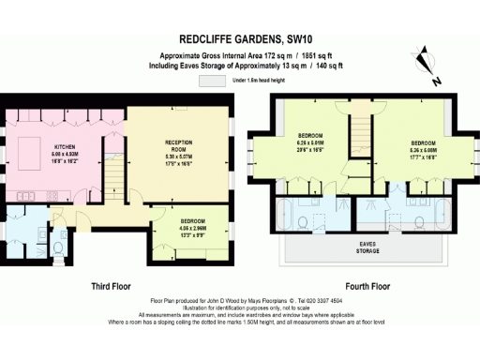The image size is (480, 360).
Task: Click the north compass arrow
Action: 431,59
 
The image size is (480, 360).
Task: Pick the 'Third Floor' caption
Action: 110,285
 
